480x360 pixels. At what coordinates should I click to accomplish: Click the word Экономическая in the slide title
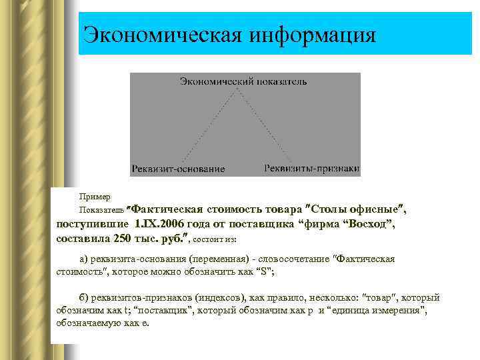coord(159,33)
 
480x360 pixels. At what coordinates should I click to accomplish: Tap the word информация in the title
coord(313,33)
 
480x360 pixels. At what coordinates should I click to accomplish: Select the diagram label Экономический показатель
coord(243,81)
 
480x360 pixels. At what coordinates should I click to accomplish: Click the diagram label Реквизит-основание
coord(178,169)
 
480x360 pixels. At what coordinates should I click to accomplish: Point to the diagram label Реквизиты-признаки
coord(312,168)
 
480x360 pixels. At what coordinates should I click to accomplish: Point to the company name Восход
coord(370,224)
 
